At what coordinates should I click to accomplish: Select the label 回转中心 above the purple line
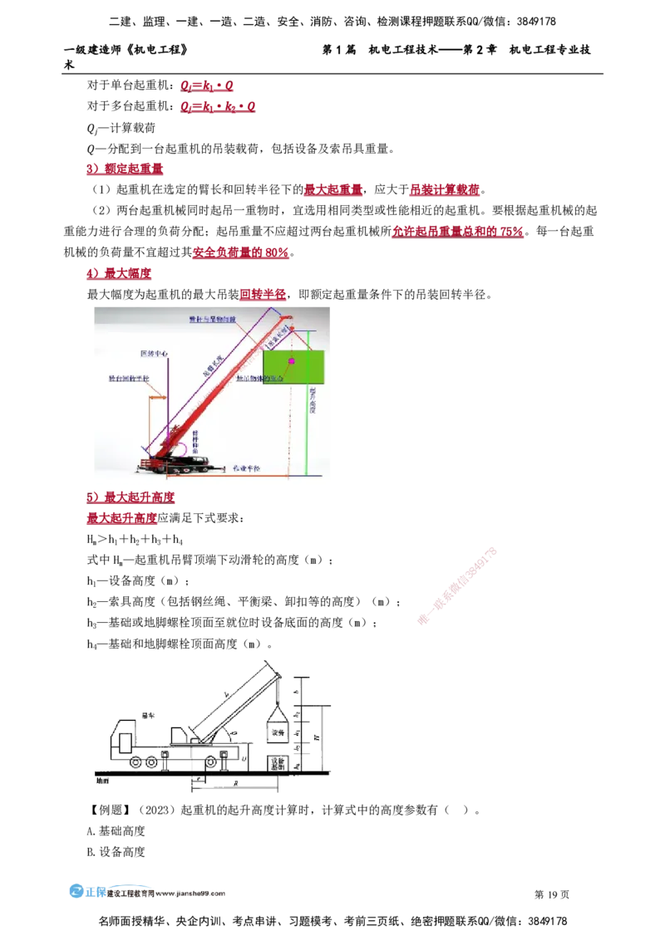(x=154, y=354)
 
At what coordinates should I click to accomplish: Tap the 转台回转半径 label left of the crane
(x=129, y=379)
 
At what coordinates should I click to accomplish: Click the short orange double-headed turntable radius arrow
(x=157, y=397)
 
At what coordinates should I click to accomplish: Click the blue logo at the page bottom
(x=76, y=891)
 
